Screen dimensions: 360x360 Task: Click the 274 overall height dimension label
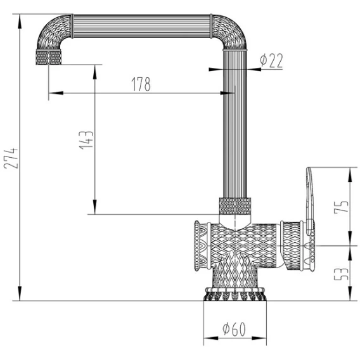11,158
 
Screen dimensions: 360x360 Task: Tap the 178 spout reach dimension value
141,84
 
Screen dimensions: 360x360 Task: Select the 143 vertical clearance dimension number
86,140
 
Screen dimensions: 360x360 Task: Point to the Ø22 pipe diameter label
271,61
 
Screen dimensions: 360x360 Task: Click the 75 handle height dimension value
341,207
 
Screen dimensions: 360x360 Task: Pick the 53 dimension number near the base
341,274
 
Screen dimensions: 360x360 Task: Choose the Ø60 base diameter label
234,329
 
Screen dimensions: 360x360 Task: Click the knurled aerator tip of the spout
49,57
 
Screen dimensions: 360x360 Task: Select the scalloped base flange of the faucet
235,294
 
